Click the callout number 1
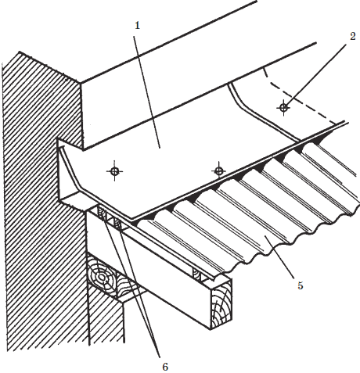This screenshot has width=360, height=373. click(137, 26)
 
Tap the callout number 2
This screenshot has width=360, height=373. click(352, 36)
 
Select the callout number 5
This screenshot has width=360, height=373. click(301, 285)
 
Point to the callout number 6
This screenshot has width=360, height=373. click(165, 367)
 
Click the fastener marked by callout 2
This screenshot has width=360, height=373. click(283, 107)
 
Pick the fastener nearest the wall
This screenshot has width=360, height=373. click(114, 171)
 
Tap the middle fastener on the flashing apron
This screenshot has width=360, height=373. click(219, 171)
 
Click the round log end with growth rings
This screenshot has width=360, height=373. click(103, 277)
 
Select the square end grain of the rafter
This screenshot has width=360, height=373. click(221, 304)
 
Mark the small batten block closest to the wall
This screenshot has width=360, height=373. click(102, 213)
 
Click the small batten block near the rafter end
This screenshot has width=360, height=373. click(197, 275)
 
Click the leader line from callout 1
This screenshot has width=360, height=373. click(147, 91)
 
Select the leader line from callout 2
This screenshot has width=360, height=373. click(316, 75)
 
